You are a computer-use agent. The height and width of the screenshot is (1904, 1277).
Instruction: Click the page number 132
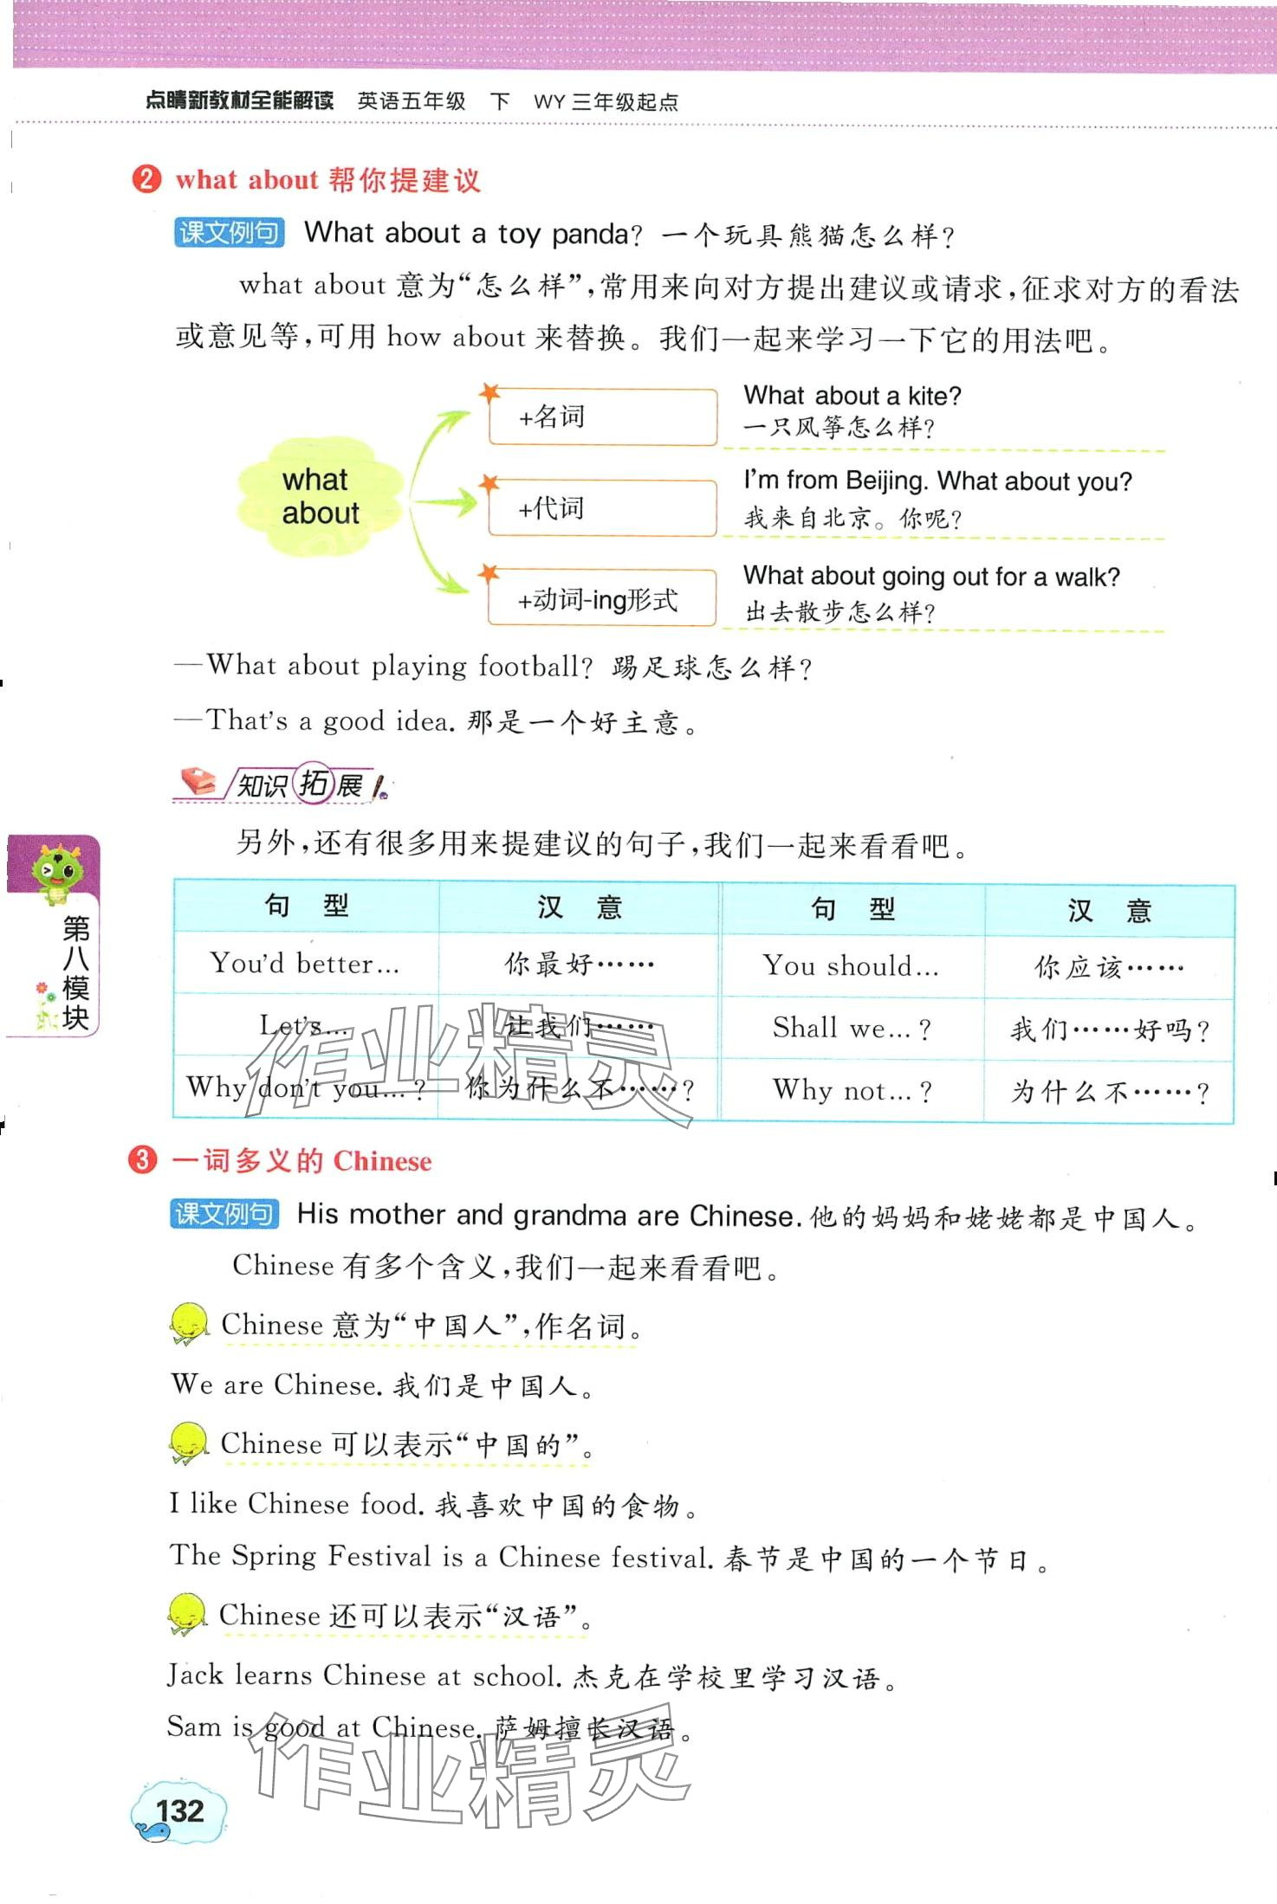179,1810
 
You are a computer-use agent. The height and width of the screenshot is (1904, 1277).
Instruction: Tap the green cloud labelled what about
320,496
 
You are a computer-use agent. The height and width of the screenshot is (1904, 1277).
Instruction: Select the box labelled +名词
603,416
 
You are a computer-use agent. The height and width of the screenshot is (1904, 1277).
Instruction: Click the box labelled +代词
603,508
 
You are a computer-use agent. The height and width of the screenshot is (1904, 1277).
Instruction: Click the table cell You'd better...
305,964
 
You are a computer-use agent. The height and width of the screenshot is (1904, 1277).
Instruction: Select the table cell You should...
852,966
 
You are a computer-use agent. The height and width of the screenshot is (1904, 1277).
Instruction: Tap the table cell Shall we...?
852,1028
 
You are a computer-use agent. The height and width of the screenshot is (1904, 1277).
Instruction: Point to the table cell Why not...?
852,1091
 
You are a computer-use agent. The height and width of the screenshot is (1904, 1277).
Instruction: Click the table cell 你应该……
1108,967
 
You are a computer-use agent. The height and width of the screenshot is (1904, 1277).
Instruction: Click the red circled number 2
146,179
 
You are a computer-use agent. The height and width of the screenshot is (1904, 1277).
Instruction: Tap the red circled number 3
143,1160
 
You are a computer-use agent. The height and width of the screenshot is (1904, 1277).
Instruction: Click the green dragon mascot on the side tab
56,872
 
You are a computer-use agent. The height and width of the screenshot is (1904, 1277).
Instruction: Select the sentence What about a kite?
852,397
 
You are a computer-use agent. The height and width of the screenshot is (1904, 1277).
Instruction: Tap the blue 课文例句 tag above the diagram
229,233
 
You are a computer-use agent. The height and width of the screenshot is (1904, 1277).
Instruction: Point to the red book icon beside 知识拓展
199,782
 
